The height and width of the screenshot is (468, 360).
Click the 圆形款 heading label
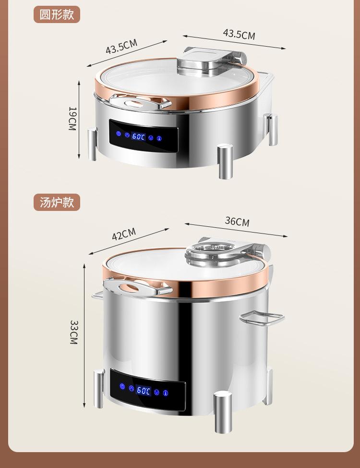[x=57, y=14]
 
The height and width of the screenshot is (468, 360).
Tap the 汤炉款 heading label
[x=57, y=202]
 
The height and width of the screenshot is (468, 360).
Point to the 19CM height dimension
[x=72, y=119]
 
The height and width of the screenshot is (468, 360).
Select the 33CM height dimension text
[x=73, y=332]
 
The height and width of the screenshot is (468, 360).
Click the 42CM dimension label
[x=124, y=234]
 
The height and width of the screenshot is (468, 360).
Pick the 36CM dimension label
[x=237, y=222]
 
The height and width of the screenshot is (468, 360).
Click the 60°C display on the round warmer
[x=139, y=136]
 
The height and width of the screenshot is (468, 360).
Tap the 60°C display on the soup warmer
[x=144, y=390]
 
